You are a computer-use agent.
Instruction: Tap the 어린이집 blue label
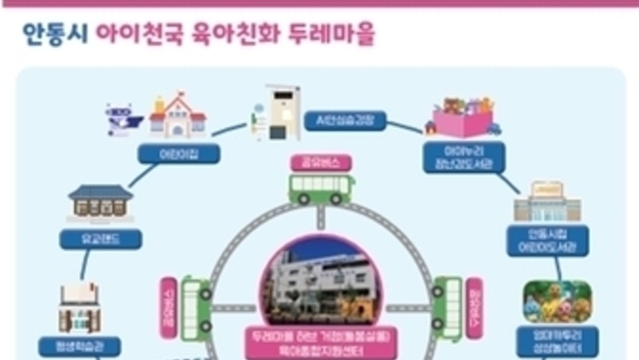click(179, 152)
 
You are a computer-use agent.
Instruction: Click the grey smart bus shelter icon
click(279, 113)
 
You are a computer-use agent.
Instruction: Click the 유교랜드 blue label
click(101, 239)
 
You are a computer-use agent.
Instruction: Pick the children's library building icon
click(546, 201)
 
